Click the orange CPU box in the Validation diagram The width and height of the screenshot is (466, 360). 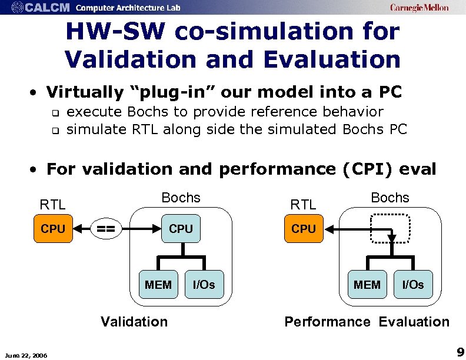tap(53, 229)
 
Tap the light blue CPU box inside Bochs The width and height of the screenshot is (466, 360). tap(181, 229)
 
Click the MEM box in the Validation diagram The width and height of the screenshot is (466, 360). tap(158, 285)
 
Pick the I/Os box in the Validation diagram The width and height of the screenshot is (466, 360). tap(204, 285)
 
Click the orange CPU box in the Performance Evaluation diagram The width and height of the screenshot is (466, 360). tap(304, 229)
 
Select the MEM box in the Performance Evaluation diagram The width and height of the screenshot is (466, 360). tap(367, 285)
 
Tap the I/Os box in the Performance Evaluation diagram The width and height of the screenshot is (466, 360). tap(412, 285)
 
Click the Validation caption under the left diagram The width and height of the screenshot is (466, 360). tap(134, 321)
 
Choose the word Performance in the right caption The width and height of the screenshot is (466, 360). tap(327, 321)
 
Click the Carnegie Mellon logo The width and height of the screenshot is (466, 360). tap(419, 8)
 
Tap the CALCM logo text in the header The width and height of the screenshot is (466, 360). tap(49, 8)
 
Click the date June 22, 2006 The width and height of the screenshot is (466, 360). tap(26, 354)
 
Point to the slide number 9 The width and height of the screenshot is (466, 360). tap(460, 352)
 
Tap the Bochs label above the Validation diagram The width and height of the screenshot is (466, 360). tap(181, 198)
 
